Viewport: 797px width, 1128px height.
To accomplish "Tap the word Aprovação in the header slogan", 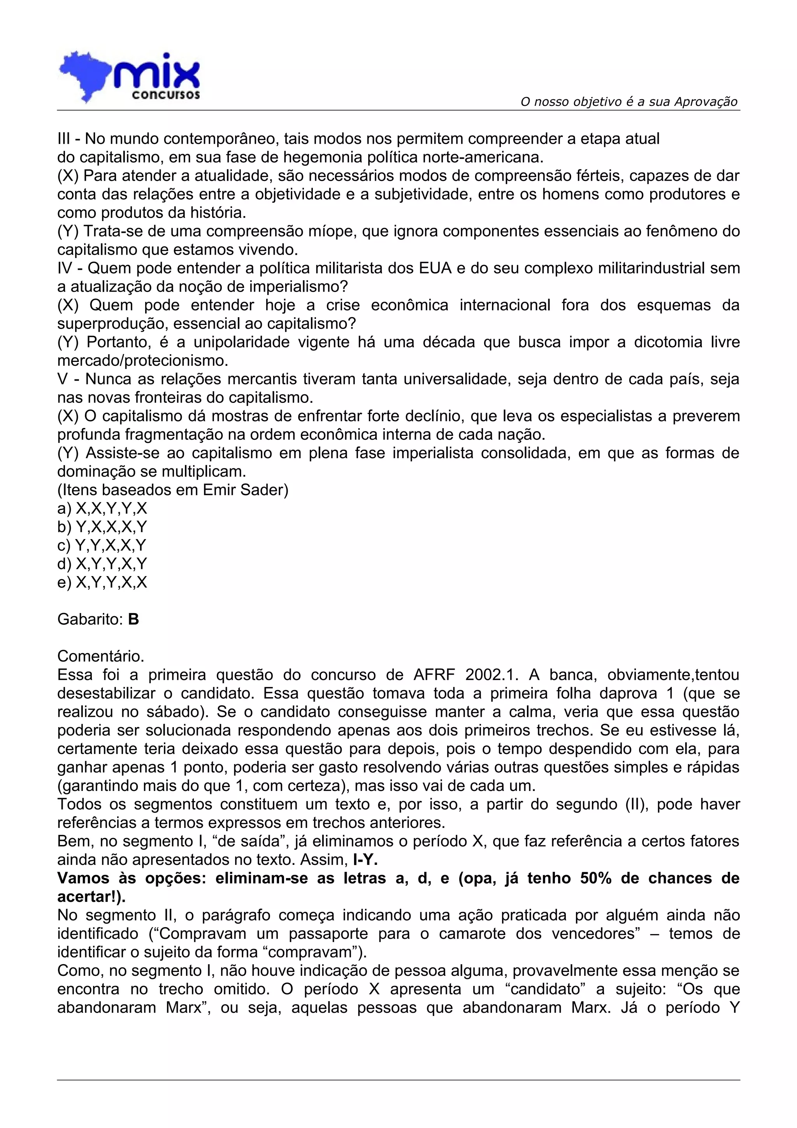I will point(706,102).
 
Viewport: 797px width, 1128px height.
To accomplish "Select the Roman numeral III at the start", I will point(64,139).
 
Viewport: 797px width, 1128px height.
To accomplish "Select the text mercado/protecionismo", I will point(142,360).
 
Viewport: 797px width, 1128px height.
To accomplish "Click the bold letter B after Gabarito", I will point(133,620).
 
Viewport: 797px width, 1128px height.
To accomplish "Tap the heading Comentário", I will point(101,656).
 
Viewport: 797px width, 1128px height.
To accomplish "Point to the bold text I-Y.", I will point(365,860).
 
